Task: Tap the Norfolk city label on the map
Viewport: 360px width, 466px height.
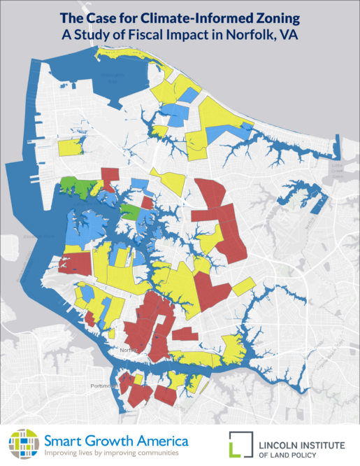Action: [127, 350]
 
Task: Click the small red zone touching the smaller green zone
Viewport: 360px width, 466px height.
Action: [147, 203]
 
